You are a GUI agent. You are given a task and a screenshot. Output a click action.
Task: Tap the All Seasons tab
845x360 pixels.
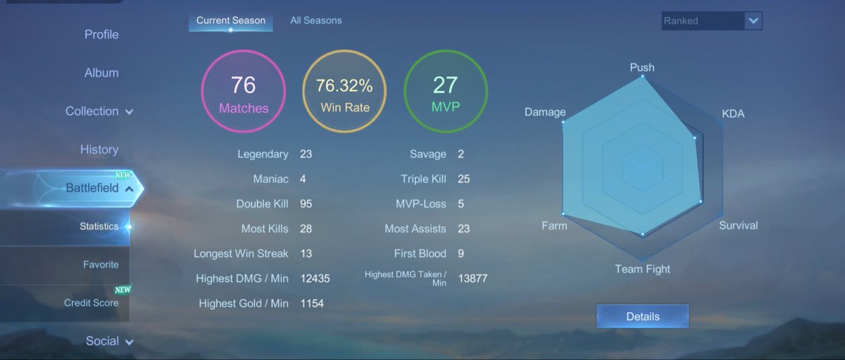[x=316, y=20]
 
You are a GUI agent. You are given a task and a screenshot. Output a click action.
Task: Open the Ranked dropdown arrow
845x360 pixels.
[x=753, y=20]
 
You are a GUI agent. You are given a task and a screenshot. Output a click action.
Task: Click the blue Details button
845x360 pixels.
[x=643, y=316]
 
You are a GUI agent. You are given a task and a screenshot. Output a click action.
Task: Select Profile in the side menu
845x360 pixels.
[x=101, y=35]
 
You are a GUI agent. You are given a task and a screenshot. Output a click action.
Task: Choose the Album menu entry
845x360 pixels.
[x=101, y=73]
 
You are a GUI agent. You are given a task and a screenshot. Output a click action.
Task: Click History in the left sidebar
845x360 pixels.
[x=99, y=149]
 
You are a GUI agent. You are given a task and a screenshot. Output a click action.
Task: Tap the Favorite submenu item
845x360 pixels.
[x=101, y=264]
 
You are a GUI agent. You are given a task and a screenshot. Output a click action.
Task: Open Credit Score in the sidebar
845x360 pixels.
[x=92, y=303]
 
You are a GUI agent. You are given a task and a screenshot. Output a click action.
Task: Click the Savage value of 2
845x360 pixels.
[x=461, y=154]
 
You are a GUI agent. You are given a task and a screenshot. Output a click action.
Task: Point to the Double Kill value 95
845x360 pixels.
[x=306, y=204]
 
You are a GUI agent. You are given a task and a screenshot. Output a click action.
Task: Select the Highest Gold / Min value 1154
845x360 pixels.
[x=312, y=304]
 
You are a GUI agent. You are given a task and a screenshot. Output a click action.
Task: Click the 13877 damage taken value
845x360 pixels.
[x=472, y=278]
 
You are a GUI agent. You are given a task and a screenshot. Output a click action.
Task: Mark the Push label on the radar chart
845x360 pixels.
[x=642, y=67]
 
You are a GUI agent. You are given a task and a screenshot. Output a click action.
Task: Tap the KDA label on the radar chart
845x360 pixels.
[x=733, y=113]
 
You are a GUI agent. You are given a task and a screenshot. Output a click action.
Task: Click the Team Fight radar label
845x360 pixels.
[x=642, y=269]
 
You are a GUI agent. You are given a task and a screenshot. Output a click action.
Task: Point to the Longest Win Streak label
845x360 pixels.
[x=241, y=254]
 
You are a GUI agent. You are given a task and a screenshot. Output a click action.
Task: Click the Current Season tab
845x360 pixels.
[x=231, y=20]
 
